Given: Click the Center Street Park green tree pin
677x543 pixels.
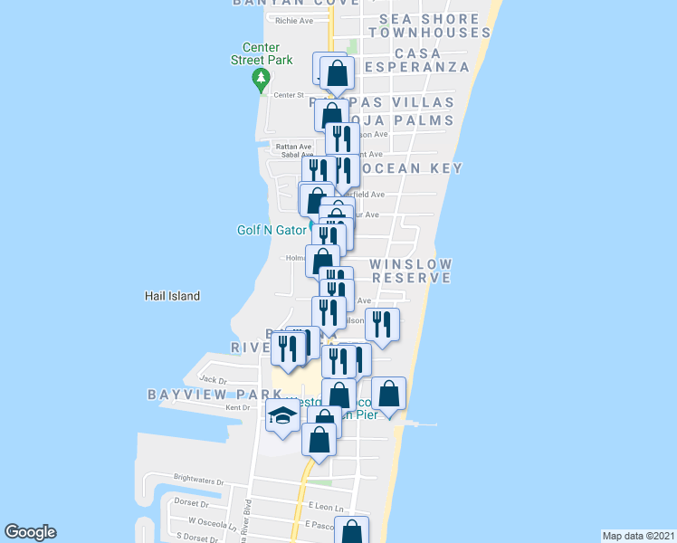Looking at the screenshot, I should [262, 81].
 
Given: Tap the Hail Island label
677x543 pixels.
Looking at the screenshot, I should [172, 296].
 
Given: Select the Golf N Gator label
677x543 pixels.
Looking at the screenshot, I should [272, 230].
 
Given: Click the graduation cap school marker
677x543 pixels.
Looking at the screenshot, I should [283, 416].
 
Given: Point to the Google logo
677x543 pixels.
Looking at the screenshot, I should [30, 532].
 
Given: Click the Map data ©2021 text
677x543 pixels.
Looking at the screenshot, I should [639, 536].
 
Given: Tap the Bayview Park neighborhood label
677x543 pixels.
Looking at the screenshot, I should [215, 395].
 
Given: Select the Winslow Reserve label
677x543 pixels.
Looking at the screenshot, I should [410, 271].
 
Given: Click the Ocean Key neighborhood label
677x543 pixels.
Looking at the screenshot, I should [412, 168].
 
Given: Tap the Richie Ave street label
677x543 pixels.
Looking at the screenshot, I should [294, 21].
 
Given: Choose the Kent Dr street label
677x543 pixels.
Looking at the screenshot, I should [237, 408].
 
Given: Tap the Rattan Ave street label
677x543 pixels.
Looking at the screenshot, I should [293, 147].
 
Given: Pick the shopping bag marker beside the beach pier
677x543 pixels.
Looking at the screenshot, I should [388, 395].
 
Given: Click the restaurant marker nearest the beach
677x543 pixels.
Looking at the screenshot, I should [383, 326].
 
